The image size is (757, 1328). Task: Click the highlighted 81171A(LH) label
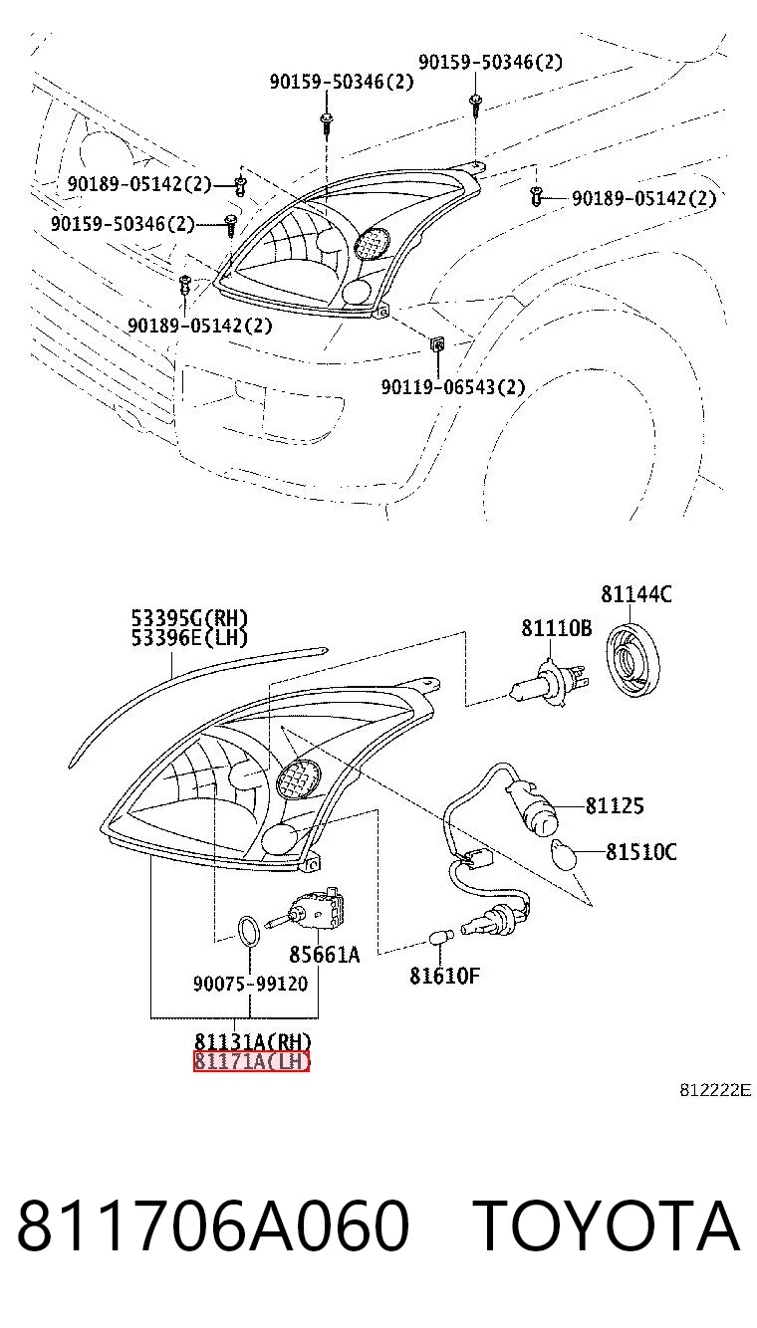pos(252,1061)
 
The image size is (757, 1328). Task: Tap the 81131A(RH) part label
pos(253,1041)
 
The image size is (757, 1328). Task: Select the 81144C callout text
pos(635,594)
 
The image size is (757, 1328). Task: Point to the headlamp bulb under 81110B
pos(549,686)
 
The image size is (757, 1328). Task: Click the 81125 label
pos(614,805)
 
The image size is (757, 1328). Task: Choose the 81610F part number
pos(444,976)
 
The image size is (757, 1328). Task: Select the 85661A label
pos(324,955)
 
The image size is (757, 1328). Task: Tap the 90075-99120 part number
pos(250,985)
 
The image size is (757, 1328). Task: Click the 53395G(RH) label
pos(189,618)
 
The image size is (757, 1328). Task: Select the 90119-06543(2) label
pos(453,387)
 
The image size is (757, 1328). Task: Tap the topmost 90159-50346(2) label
pos(490,62)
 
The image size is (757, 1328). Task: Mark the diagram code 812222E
pos(715,1090)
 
